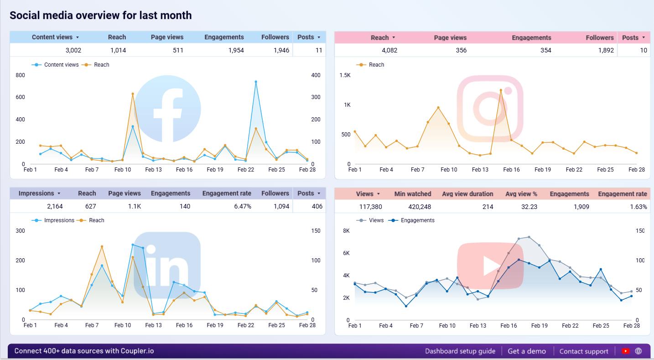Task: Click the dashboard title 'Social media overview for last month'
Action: click(x=100, y=16)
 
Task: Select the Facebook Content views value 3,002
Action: click(x=73, y=50)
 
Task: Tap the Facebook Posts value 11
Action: click(x=318, y=50)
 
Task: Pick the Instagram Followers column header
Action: click(x=599, y=38)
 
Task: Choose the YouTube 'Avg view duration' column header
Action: click(x=467, y=194)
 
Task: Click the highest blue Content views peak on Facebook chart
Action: click(x=256, y=82)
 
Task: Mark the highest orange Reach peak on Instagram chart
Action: click(x=501, y=90)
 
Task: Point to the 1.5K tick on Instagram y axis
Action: click(x=345, y=75)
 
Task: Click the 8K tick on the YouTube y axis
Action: click(x=346, y=231)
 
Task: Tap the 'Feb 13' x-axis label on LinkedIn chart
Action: click(x=153, y=325)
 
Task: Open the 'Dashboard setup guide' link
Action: click(x=460, y=351)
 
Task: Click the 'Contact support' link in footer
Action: click(x=583, y=351)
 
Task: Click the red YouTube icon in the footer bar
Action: click(x=625, y=351)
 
